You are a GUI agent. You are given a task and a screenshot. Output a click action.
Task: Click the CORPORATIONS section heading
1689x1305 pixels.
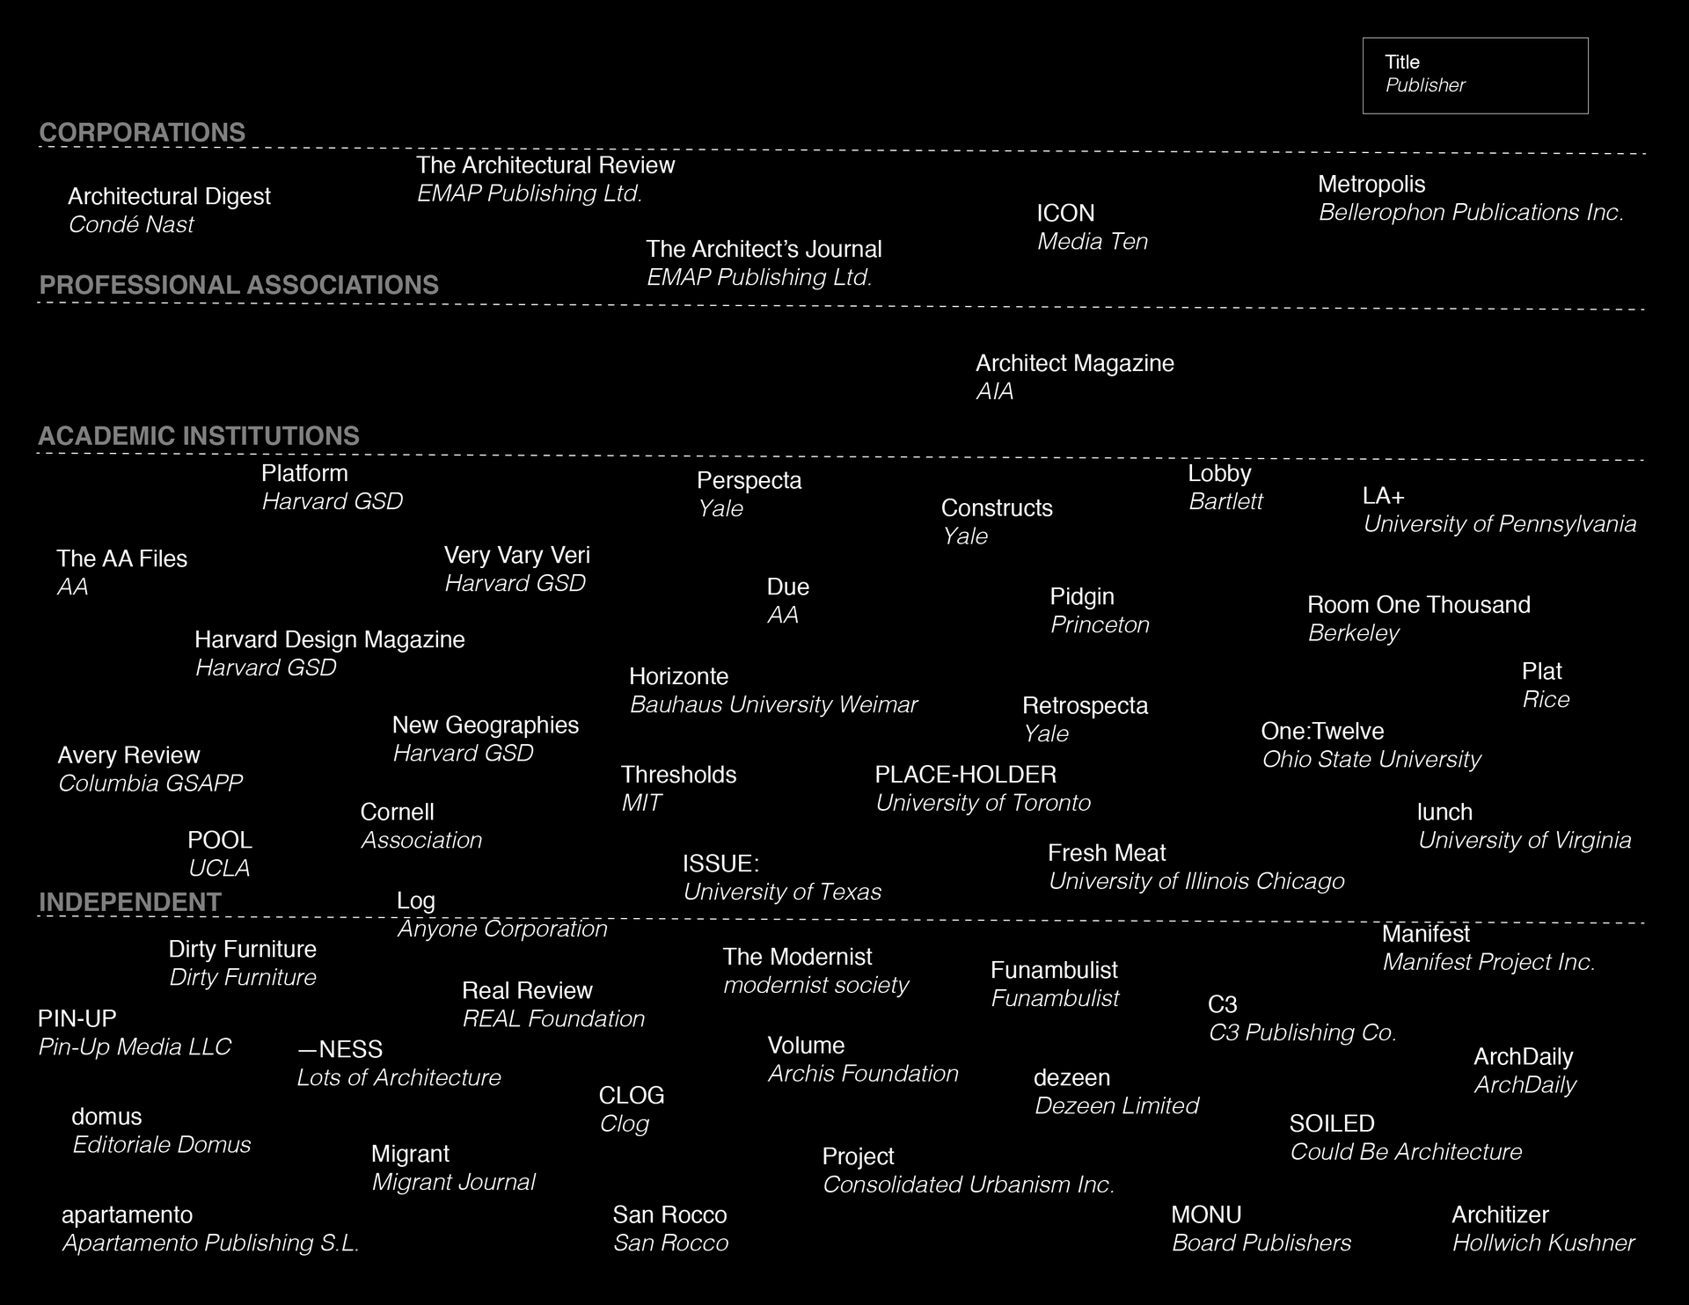tap(143, 133)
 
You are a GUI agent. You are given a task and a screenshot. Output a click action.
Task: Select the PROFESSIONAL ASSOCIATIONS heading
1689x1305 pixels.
tap(239, 285)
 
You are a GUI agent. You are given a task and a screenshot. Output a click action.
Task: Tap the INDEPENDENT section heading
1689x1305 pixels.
tap(130, 902)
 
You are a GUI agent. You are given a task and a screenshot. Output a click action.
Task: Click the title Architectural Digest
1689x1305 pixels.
tap(169, 196)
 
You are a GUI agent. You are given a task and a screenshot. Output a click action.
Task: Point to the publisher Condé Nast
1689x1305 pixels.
tap(131, 225)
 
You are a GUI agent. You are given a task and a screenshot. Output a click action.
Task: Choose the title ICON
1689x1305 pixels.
tap(1065, 214)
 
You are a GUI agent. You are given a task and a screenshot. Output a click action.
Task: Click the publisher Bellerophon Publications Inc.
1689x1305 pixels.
tap(1471, 213)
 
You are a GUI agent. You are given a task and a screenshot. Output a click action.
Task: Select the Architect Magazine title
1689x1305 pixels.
tap(1075, 363)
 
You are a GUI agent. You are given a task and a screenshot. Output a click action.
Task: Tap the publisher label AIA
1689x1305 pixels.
tap(995, 392)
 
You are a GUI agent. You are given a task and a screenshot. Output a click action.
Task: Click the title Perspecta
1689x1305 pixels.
tap(749, 481)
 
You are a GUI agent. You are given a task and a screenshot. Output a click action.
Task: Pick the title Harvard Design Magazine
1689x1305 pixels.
tap(330, 639)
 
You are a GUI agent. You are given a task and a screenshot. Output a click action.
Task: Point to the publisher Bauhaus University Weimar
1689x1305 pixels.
tap(773, 705)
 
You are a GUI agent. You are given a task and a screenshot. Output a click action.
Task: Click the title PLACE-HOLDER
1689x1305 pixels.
tap(965, 775)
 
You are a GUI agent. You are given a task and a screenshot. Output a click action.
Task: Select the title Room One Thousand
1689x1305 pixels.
tap(1419, 605)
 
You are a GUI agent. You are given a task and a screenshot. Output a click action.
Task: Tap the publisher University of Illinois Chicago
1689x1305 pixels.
tap(1196, 881)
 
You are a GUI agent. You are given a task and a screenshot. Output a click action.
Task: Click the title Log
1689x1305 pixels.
tap(416, 900)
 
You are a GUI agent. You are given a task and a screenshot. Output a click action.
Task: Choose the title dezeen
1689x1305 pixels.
tap(1071, 1077)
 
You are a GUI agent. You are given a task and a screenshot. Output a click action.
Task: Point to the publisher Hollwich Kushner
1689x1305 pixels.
tap(1543, 1243)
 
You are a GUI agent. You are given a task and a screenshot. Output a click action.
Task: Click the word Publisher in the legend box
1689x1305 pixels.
tap(1425, 85)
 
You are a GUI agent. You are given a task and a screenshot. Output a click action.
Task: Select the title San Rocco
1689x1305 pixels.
tap(670, 1215)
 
